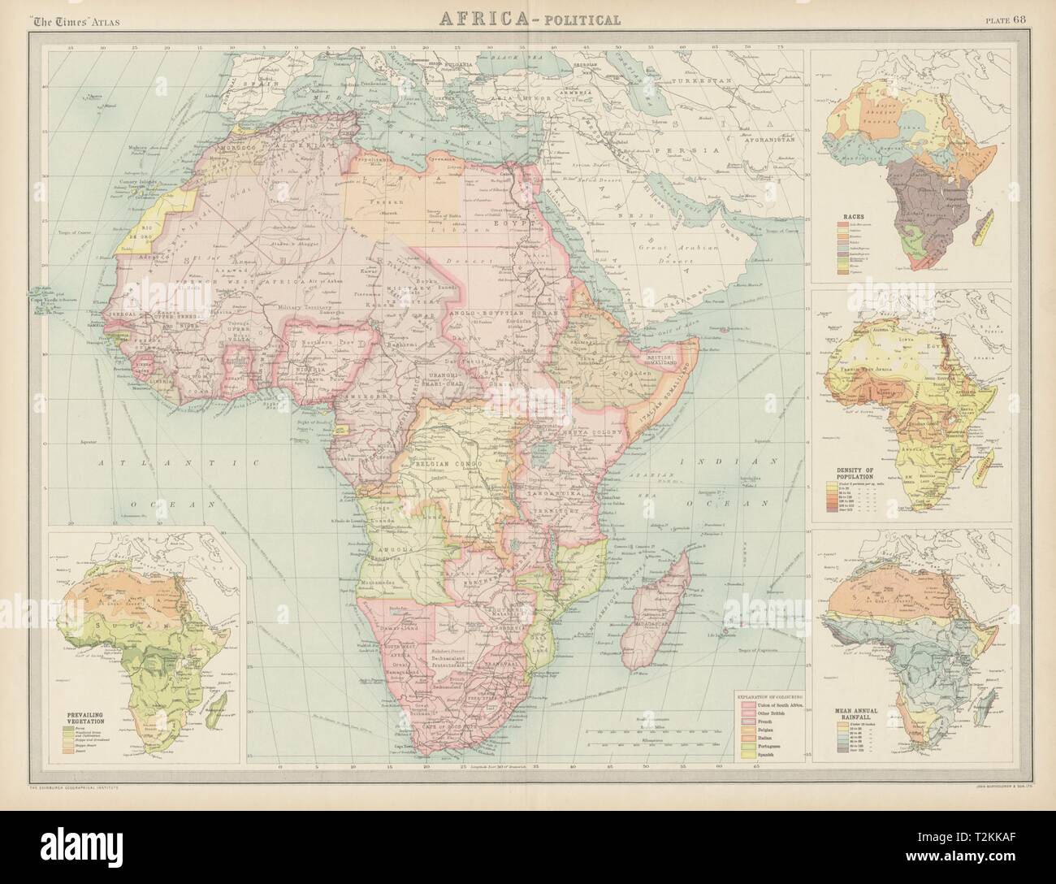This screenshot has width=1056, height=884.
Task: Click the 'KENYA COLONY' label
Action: pyautogui.click(x=591, y=434)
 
